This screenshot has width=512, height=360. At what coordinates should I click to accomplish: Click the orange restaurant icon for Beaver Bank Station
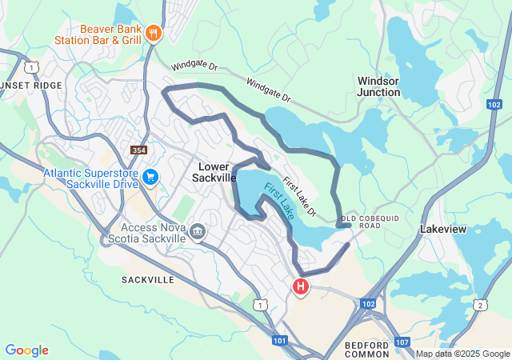(x=154, y=33)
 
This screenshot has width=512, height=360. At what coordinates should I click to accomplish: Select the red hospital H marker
(x=301, y=286)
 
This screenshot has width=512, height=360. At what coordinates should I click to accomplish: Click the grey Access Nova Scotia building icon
(x=197, y=231)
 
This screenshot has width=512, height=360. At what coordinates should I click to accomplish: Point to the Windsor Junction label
(x=378, y=86)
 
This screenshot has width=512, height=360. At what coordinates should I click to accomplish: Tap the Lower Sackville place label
(x=214, y=172)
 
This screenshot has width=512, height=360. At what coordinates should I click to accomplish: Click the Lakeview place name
(x=443, y=229)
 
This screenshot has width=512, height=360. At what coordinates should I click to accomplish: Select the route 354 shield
(x=138, y=150)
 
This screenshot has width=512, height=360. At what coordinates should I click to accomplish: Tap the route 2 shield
(x=478, y=305)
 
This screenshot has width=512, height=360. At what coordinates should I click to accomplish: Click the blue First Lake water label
(x=279, y=201)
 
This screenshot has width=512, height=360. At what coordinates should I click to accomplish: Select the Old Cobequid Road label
(x=370, y=221)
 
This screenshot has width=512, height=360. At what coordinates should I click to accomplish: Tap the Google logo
(x=26, y=350)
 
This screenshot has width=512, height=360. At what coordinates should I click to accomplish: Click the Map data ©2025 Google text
(x=462, y=354)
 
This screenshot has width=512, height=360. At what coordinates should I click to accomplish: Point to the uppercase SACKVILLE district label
(x=148, y=280)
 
